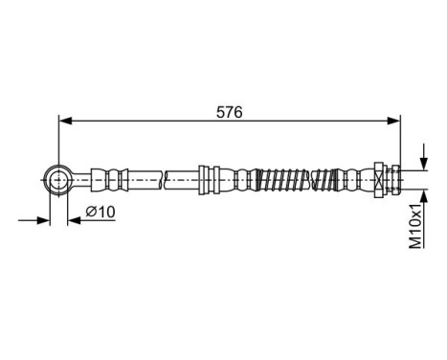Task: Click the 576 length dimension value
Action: coord(229,112)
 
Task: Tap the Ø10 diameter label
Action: coord(101,212)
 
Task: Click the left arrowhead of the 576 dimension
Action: coord(66,121)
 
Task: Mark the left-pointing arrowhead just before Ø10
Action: coord(73,220)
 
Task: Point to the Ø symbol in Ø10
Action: coord(90,212)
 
